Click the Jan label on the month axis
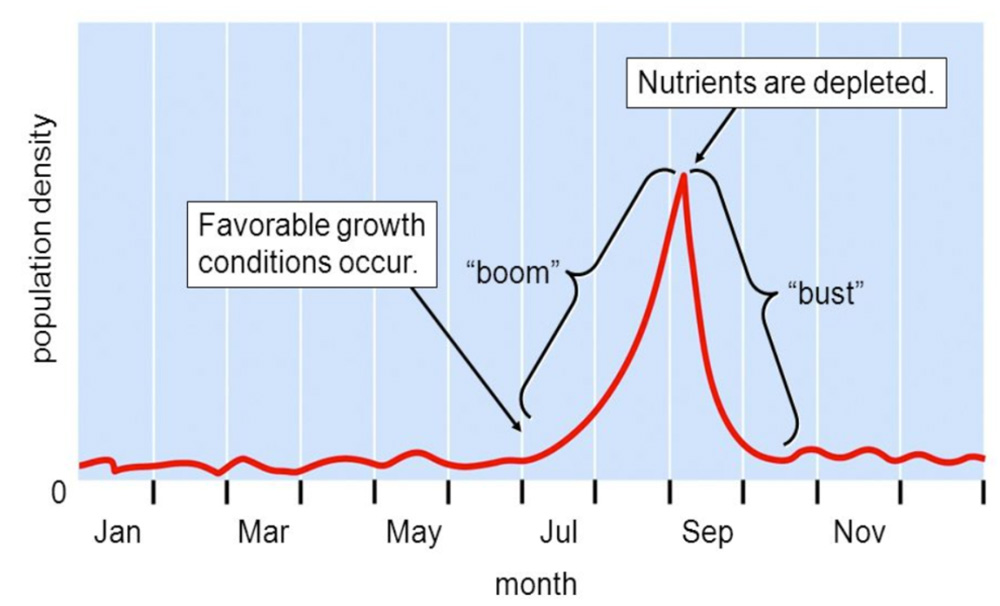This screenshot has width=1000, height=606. pyautogui.click(x=117, y=533)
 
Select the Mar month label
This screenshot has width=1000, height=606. pyautogui.click(x=263, y=533)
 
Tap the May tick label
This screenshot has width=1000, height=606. pyautogui.click(x=413, y=533)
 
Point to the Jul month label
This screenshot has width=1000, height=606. pyautogui.click(x=559, y=533)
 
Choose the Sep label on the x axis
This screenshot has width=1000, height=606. pyautogui.click(x=708, y=533)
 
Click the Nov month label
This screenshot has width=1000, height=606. pyautogui.click(x=859, y=533)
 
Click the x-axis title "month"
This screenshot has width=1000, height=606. pyautogui.click(x=535, y=583)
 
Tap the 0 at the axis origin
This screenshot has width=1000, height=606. pyautogui.click(x=57, y=493)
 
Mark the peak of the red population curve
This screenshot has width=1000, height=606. pyautogui.click(x=684, y=176)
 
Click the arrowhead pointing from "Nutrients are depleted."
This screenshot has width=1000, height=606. pyautogui.click(x=698, y=160)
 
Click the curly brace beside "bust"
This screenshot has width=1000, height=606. pyautogui.click(x=770, y=300)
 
